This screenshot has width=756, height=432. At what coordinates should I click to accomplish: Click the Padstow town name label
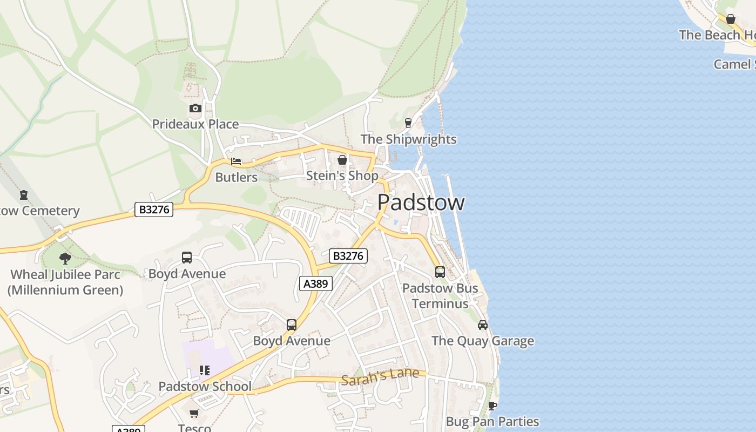click(421, 202)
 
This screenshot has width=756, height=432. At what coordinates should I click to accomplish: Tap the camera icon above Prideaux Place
click(195, 109)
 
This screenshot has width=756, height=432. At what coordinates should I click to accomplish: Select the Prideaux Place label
click(195, 124)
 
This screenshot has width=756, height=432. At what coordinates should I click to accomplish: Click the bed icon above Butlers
click(236, 161)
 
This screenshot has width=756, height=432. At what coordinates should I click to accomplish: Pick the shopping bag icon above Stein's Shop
click(342, 160)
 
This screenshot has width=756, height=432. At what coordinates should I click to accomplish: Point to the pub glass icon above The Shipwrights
click(408, 123)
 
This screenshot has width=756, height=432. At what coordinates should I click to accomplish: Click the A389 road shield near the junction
click(315, 283)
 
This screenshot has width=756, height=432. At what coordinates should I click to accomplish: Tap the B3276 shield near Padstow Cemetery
click(154, 210)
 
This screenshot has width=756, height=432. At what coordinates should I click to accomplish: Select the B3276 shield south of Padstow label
click(348, 256)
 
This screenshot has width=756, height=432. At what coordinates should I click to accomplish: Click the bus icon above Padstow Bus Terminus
click(440, 272)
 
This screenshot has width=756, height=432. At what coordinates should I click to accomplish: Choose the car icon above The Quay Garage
click(483, 325)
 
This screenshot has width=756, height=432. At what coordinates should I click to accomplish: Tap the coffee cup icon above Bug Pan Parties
click(492, 406)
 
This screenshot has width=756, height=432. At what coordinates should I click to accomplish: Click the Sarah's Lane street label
click(380, 376)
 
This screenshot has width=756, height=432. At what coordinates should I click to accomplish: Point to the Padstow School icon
click(205, 370)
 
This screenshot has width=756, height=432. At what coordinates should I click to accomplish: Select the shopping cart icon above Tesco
click(194, 413)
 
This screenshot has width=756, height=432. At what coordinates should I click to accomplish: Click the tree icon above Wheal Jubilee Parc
click(65, 258)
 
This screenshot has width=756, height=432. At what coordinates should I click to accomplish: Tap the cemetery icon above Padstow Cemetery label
click(24, 195)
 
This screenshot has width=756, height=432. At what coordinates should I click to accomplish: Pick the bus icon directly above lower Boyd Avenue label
click(292, 325)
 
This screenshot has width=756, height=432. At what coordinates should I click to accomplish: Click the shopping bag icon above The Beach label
click(731, 19)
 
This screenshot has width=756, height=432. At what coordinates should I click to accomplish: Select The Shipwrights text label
click(408, 139)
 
